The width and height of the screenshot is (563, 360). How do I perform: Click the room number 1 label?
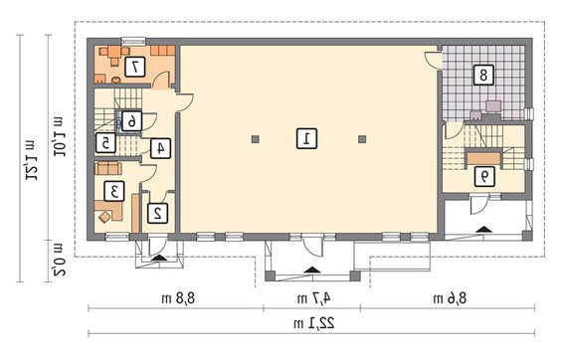(x=306, y=139)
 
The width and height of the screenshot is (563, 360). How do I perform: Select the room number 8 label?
(x=483, y=75)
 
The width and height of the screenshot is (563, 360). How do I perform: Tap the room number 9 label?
(x=484, y=176)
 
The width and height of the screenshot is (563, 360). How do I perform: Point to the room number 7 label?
(x=134, y=67)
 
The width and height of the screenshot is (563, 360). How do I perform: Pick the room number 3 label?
(x=114, y=191)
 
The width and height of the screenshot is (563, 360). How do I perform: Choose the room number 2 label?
(x=157, y=213)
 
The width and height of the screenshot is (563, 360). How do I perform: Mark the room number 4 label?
(x=160, y=148)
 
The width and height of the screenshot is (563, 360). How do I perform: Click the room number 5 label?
(x=105, y=143)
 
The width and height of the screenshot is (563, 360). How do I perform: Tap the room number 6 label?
(x=131, y=121)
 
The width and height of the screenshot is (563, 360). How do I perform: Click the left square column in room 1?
(x=255, y=139)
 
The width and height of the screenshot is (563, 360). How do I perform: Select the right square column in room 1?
(x=363, y=139)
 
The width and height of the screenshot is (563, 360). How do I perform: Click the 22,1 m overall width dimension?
(x=314, y=324)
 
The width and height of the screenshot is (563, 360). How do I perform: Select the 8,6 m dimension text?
(x=451, y=298)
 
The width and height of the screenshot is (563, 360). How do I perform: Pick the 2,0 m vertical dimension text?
(x=59, y=260)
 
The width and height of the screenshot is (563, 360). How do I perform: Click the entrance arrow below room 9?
(x=484, y=229)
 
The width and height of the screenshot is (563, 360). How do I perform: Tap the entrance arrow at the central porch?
(x=312, y=270)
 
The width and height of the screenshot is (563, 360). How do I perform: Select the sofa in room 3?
(x=108, y=168)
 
